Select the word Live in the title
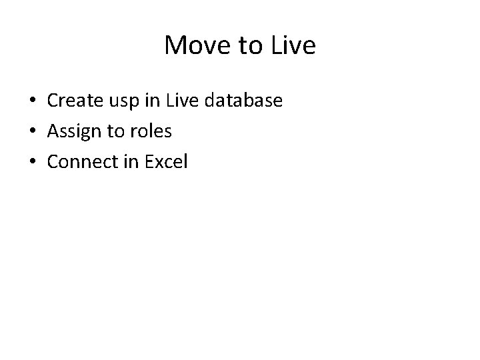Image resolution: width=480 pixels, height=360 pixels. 291,45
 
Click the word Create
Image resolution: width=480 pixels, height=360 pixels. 74,101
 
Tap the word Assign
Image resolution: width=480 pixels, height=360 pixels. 75,132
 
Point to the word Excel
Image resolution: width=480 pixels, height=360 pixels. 165,162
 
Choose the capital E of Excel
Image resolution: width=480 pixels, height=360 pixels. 148,162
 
